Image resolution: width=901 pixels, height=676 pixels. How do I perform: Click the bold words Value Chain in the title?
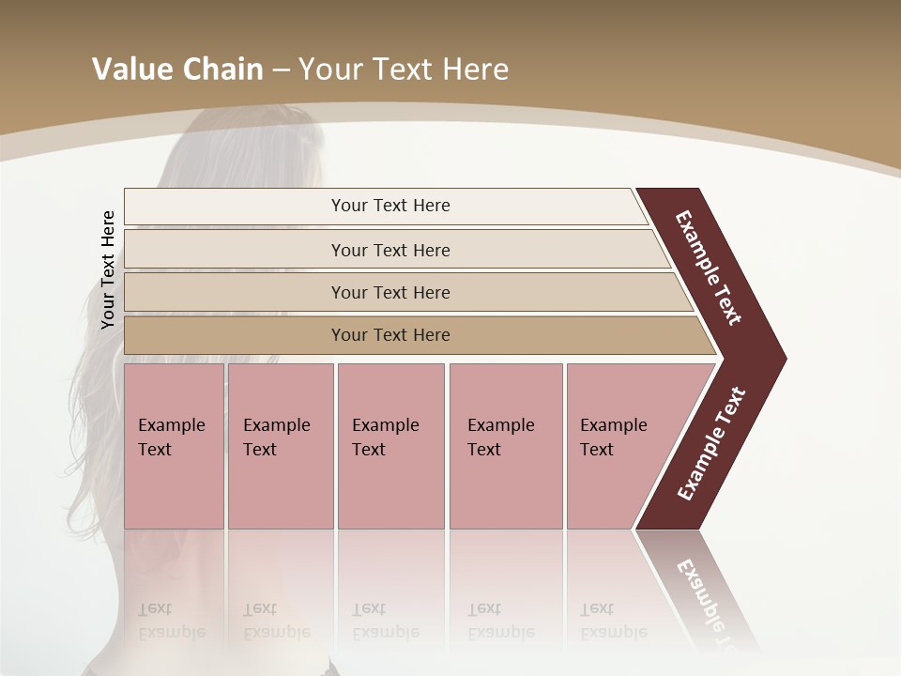[x=177, y=69]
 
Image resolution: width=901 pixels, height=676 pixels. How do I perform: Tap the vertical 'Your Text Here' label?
[x=108, y=269]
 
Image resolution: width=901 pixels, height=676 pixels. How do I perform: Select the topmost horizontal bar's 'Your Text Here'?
[x=390, y=206]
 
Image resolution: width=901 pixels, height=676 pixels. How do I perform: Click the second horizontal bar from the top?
[x=390, y=250]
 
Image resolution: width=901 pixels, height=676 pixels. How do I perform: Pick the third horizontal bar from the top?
[x=390, y=292]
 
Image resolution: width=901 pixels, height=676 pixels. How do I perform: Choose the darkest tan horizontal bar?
[x=390, y=335]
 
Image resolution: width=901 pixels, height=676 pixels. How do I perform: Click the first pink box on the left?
[x=174, y=445]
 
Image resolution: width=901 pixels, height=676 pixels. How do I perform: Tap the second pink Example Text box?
[x=280, y=445]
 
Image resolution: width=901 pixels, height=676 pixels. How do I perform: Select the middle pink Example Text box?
[x=390, y=445]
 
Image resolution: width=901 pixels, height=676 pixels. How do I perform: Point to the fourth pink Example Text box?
[x=505, y=445]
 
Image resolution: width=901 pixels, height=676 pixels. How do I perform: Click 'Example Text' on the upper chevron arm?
[x=709, y=268]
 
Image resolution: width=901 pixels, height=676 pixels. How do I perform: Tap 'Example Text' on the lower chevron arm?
[x=711, y=444]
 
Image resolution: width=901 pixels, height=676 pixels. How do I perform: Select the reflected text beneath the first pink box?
[x=171, y=621]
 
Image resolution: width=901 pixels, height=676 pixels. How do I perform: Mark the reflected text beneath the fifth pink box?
[x=613, y=621]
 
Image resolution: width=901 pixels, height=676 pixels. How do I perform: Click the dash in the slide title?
[x=281, y=69]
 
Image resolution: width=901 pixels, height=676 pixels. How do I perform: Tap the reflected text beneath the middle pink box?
[x=385, y=621]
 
